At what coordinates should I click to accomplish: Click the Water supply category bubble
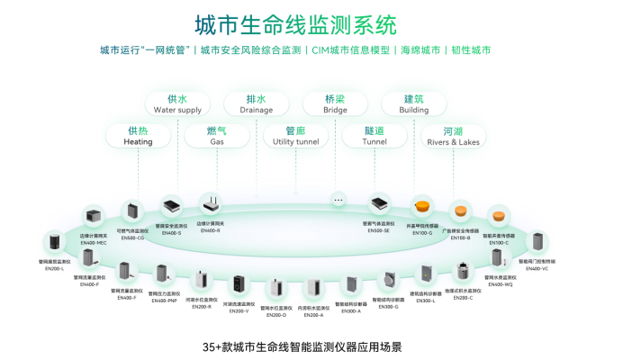coord(177,103)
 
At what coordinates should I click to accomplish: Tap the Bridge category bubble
coord(335,103)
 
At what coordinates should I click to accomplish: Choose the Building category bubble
coord(414,103)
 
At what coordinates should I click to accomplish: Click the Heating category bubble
coord(138,136)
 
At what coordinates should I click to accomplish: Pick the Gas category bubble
coord(216,136)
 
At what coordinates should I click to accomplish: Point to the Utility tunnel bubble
coord(295,136)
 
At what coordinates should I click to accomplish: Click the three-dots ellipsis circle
coord(339,199)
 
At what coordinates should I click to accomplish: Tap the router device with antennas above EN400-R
coord(210,205)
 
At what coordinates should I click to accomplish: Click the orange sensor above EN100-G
coord(422,207)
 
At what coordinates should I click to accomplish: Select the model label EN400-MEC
coord(94,243)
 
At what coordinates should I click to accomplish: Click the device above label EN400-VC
coord(537,242)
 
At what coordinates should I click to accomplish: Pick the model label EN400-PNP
coord(164,301)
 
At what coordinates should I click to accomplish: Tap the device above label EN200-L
coord(54,243)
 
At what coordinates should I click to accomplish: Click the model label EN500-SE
coord(379,230)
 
